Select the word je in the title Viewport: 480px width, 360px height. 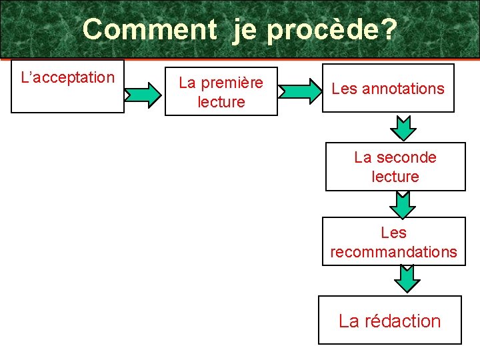click(245, 30)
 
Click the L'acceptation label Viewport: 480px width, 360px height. click(68, 77)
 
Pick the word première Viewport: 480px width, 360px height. click(232, 83)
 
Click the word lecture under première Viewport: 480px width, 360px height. click(221, 102)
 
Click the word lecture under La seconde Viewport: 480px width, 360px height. click(395, 177)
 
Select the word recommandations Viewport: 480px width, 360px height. click(393, 252)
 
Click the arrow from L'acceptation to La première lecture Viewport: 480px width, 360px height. click(143, 94)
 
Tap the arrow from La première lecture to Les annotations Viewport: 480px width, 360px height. click(299, 90)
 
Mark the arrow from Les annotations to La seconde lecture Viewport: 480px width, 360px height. click(403, 127)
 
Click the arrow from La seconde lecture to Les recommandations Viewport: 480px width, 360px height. click(402, 204)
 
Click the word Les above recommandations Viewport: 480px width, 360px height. click(393, 233)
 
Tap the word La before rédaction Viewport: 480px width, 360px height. click(349, 321)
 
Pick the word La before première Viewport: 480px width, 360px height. click(187, 83)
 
